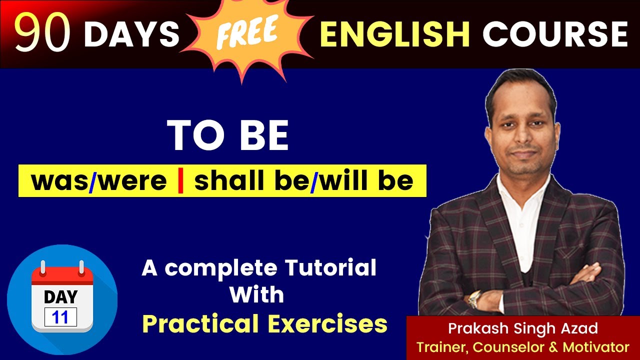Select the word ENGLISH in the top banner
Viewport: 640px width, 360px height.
pos(395,34)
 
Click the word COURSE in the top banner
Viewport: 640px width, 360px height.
pos(555,34)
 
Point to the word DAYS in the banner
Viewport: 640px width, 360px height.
pos(131,34)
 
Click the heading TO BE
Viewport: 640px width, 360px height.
pos(228,135)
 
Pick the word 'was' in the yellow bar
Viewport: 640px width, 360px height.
pos(59,180)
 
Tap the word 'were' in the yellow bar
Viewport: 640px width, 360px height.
pos(132,180)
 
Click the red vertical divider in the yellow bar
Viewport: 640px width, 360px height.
pos(180,180)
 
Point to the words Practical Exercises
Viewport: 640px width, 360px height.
pos(264,324)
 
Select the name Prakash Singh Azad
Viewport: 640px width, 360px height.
pos(523,328)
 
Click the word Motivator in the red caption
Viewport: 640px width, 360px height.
pos(596,346)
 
